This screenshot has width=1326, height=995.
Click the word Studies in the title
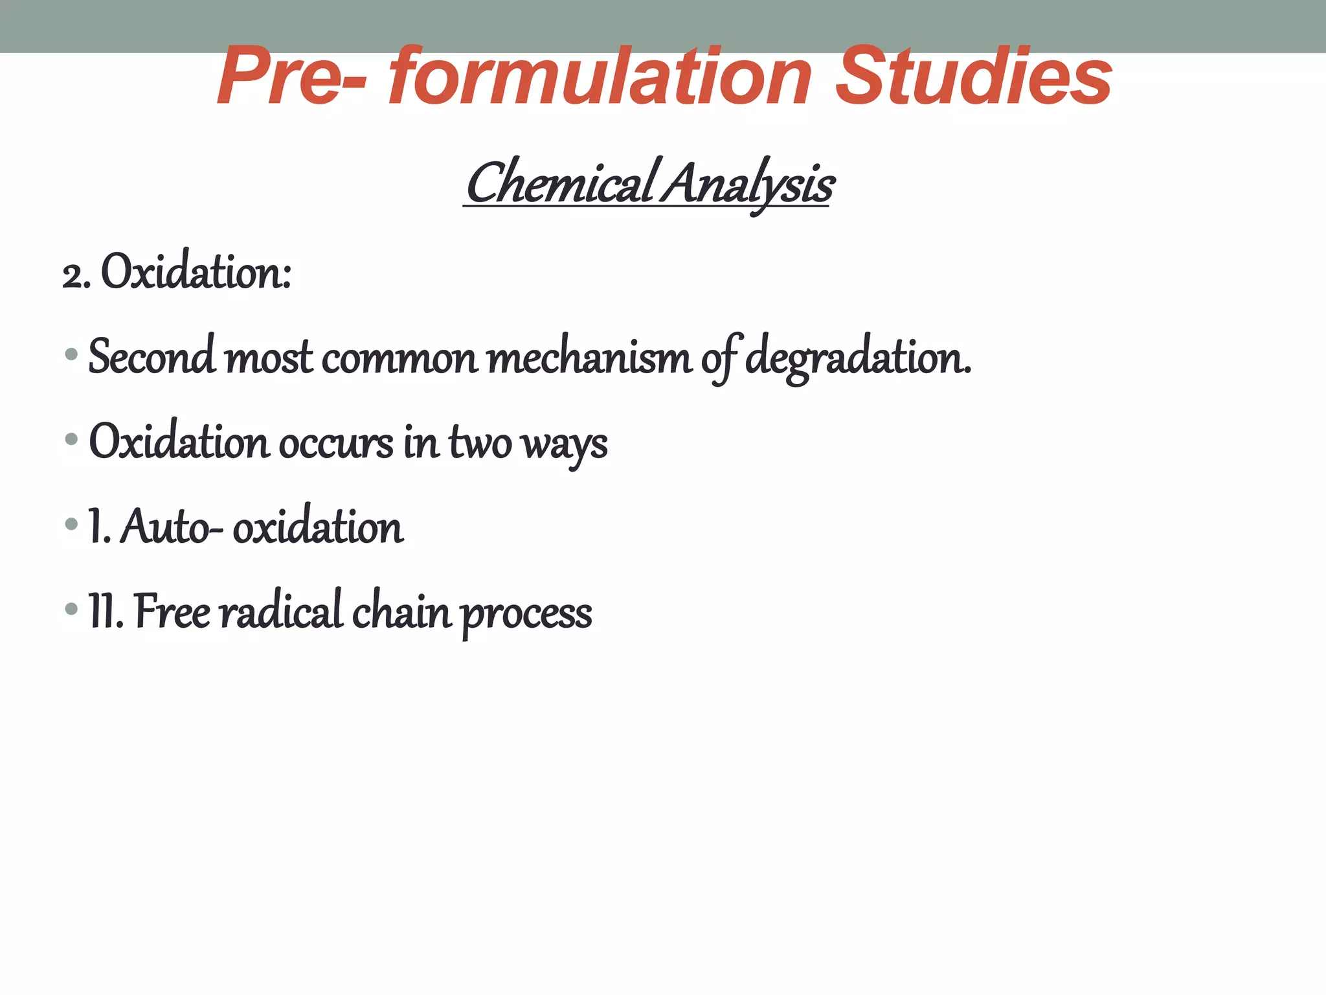pos(973,78)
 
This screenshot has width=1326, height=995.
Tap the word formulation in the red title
pos(600,78)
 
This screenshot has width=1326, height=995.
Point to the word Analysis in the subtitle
pos(749,184)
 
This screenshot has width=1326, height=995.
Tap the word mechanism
pos(589,358)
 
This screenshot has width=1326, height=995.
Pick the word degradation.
pos(858,358)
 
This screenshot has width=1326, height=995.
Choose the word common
pos(399,358)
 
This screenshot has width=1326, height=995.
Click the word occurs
pos(336,443)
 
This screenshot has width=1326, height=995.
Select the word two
pos(480,443)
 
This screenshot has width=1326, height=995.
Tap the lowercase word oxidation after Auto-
pos(318,527)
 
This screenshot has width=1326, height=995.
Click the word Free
pos(172,612)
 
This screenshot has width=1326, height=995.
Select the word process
pos(526,614)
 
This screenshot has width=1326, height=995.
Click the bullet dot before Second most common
pos(72,355)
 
